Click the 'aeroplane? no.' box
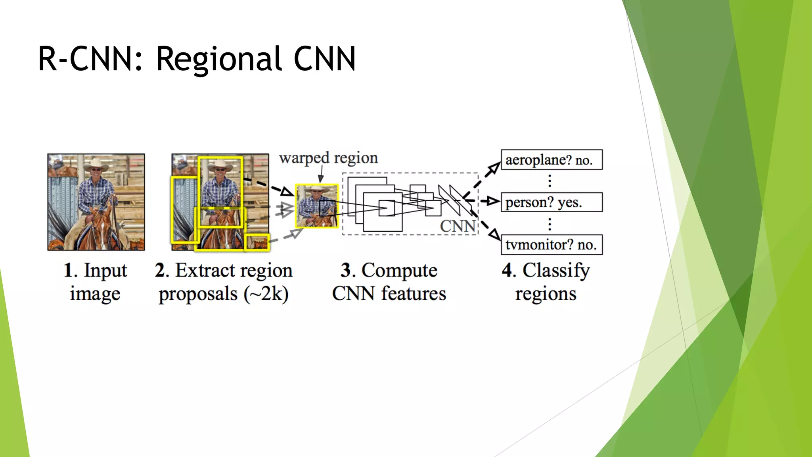point(552,160)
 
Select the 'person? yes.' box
point(552,202)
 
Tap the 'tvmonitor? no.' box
point(552,244)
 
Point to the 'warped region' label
point(328,158)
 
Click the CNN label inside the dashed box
point(458,227)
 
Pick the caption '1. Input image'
point(95,282)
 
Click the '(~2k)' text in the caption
point(266,294)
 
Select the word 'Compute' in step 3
point(399,271)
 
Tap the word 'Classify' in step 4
point(556,271)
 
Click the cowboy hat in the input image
point(96,163)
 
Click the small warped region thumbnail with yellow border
point(317,206)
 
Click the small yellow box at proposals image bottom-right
point(257,242)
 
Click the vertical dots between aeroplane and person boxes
point(550,181)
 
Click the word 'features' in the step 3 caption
point(414,294)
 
